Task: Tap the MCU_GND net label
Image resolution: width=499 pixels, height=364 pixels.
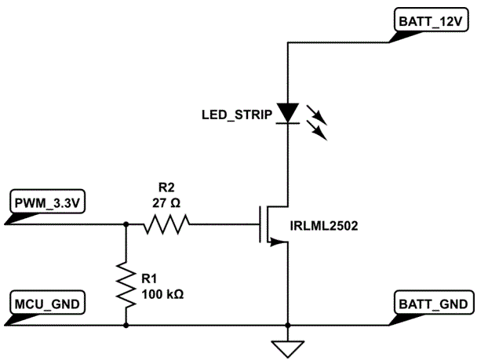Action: tap(46, 304)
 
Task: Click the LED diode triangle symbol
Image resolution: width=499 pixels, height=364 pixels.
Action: tap(288, 114)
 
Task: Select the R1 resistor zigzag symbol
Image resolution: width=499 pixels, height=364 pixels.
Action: tap(126, 284)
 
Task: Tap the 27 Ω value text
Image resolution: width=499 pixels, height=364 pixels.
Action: tap(166, 202)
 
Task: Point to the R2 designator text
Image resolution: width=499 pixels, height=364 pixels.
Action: tap(166, 188)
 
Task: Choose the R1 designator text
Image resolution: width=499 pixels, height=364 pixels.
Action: tap(150, 278)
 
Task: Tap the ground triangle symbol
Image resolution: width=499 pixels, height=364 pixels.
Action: tap(288, 348)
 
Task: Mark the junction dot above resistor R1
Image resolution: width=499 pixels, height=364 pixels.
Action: tap(126, 224)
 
